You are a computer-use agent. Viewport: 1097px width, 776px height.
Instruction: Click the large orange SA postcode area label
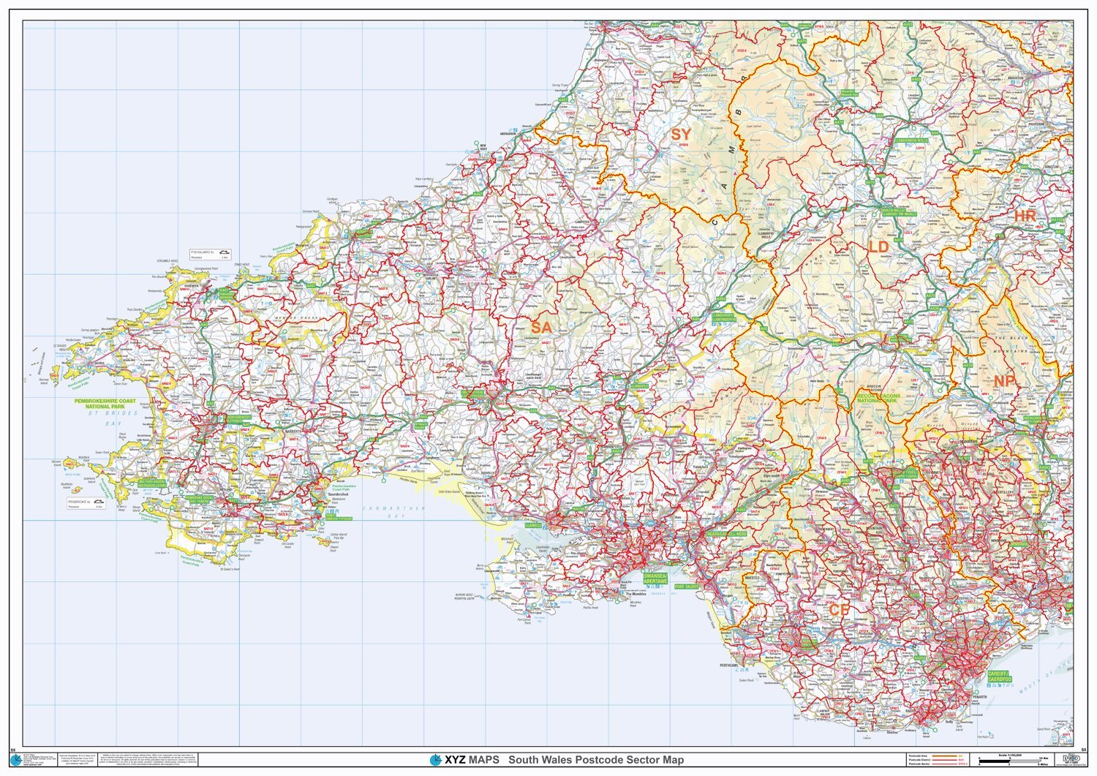[541, 327]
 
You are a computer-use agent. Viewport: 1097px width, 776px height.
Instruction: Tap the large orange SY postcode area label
[680, 135]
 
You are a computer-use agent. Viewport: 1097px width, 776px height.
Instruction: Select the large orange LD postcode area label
[878, 247]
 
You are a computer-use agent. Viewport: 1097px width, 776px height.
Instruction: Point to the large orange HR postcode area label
[1024, 216]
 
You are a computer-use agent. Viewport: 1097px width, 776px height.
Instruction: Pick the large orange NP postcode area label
[1004, 381]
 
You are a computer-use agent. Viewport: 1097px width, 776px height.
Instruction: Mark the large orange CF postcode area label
[838, 610]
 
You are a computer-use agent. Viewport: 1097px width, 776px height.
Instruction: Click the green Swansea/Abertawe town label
[655, 578]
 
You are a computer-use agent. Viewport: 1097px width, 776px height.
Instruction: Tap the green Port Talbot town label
[687, 587]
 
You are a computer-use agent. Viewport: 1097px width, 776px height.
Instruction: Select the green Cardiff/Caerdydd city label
[998, 676]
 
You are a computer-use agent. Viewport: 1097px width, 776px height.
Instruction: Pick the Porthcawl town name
[728, 666]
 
